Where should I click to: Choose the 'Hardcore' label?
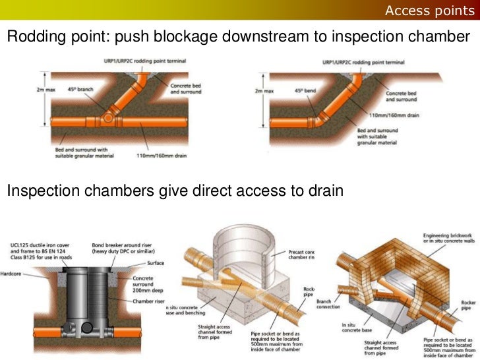pyautogui.click(x=11, y=273)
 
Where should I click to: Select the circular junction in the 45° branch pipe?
pyautogui.click(x=109, y=120)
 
